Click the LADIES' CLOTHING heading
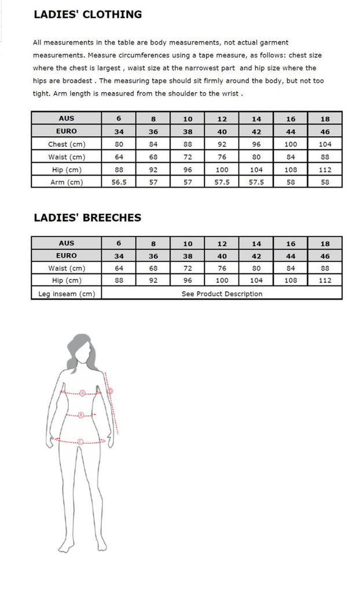tap(87, 14)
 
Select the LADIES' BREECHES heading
tap(87, 218)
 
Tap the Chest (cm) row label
tap(67, 144)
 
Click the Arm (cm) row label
tap(67, 182)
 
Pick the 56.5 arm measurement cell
tap(119, 182)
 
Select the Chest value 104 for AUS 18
tap(325, 144)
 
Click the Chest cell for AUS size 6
tap(119, 144)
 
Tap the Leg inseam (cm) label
tap(67, 294)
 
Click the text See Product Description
tap(222, 294)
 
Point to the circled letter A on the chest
tap(82, 393)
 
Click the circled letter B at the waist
tap(81, 415)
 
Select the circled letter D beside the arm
tap(110, 391)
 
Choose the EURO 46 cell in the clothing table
tap(325, 131)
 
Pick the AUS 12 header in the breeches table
tap(222, 243)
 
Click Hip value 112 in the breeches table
tap(325, 281)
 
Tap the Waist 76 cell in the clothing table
tap(222, 157)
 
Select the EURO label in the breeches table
tap(67, 256)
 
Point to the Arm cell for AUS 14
tap(256, 182)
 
